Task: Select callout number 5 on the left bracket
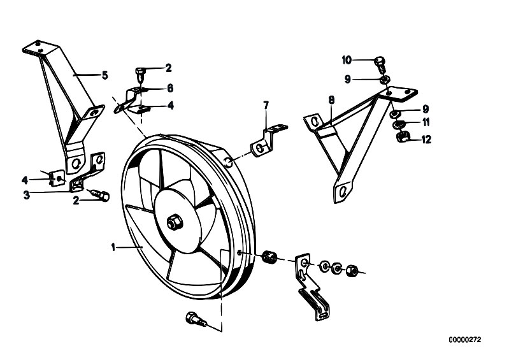(x=105, y=75)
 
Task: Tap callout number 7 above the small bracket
(x=267, y=104)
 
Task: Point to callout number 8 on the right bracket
(x=331, y=100)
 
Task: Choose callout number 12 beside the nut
(x=426, y=138)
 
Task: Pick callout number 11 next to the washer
(x=426, y=122)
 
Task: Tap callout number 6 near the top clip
(x=169, y=88)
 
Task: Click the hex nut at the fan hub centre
(x=173, y=222)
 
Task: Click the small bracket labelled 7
(x=262, y=143)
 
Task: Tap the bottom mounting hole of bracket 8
(x=343, y=191)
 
